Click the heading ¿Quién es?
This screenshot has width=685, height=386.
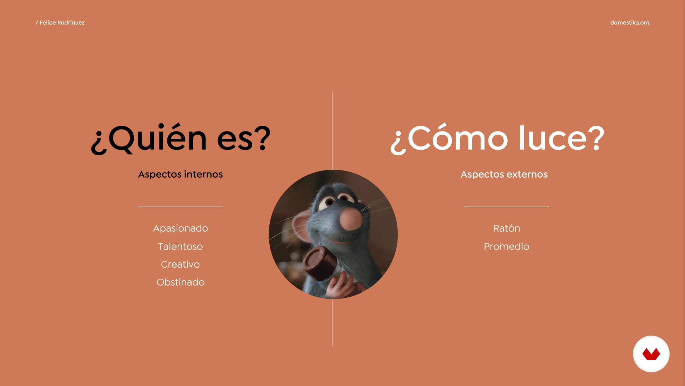(181, 139)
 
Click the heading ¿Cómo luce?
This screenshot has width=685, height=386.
(497, 139)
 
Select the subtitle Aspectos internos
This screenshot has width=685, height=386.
(181, 174)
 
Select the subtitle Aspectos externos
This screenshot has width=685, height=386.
(504, 174)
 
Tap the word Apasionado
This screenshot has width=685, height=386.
(181, 228)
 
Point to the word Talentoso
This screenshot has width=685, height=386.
(181, 247)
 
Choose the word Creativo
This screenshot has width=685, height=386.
(181, 264)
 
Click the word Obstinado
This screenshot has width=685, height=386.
(181, 282)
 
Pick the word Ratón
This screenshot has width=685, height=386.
(507, 228)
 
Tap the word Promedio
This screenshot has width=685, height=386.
(507, 247)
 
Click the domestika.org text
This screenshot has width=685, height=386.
(630, 23)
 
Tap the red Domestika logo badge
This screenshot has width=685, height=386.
(651, 354)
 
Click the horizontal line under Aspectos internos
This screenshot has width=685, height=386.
(181, 207)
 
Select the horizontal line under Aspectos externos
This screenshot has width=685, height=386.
(506, 207)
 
